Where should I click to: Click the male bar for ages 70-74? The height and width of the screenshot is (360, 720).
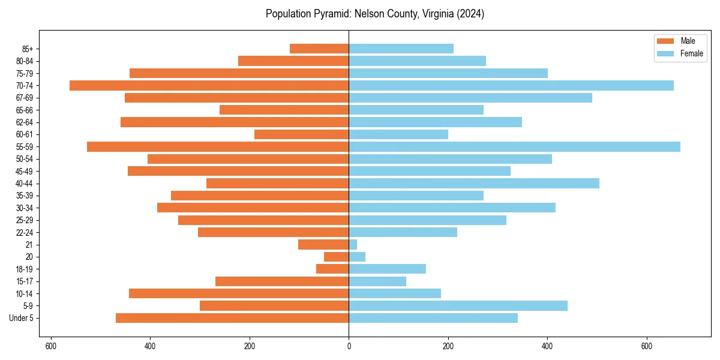pos(209,85)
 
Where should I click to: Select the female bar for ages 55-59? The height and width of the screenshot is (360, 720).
pos(514,146)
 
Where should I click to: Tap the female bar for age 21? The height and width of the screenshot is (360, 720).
pos(353,245)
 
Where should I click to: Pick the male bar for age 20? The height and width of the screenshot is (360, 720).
pos(337,257)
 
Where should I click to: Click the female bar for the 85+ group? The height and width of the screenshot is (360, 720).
pos(401,49)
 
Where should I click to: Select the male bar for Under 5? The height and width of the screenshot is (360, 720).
pos(232,318)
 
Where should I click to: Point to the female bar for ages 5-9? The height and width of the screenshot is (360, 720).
pos(458,305)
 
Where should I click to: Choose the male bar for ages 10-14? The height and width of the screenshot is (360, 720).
pos(239,293)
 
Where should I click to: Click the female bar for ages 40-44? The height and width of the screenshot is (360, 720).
pos(474,183)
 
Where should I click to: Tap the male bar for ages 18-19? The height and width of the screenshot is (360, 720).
pos(332,269)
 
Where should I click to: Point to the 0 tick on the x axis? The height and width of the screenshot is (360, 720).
pos(349,346)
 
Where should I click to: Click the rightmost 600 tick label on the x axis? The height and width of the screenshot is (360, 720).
pos(646,346)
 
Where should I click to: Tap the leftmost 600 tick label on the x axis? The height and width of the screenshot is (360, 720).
pos(51,346)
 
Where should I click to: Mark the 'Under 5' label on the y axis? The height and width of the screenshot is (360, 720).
pos(22,318)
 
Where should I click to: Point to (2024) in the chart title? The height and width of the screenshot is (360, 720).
pos(471,14)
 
